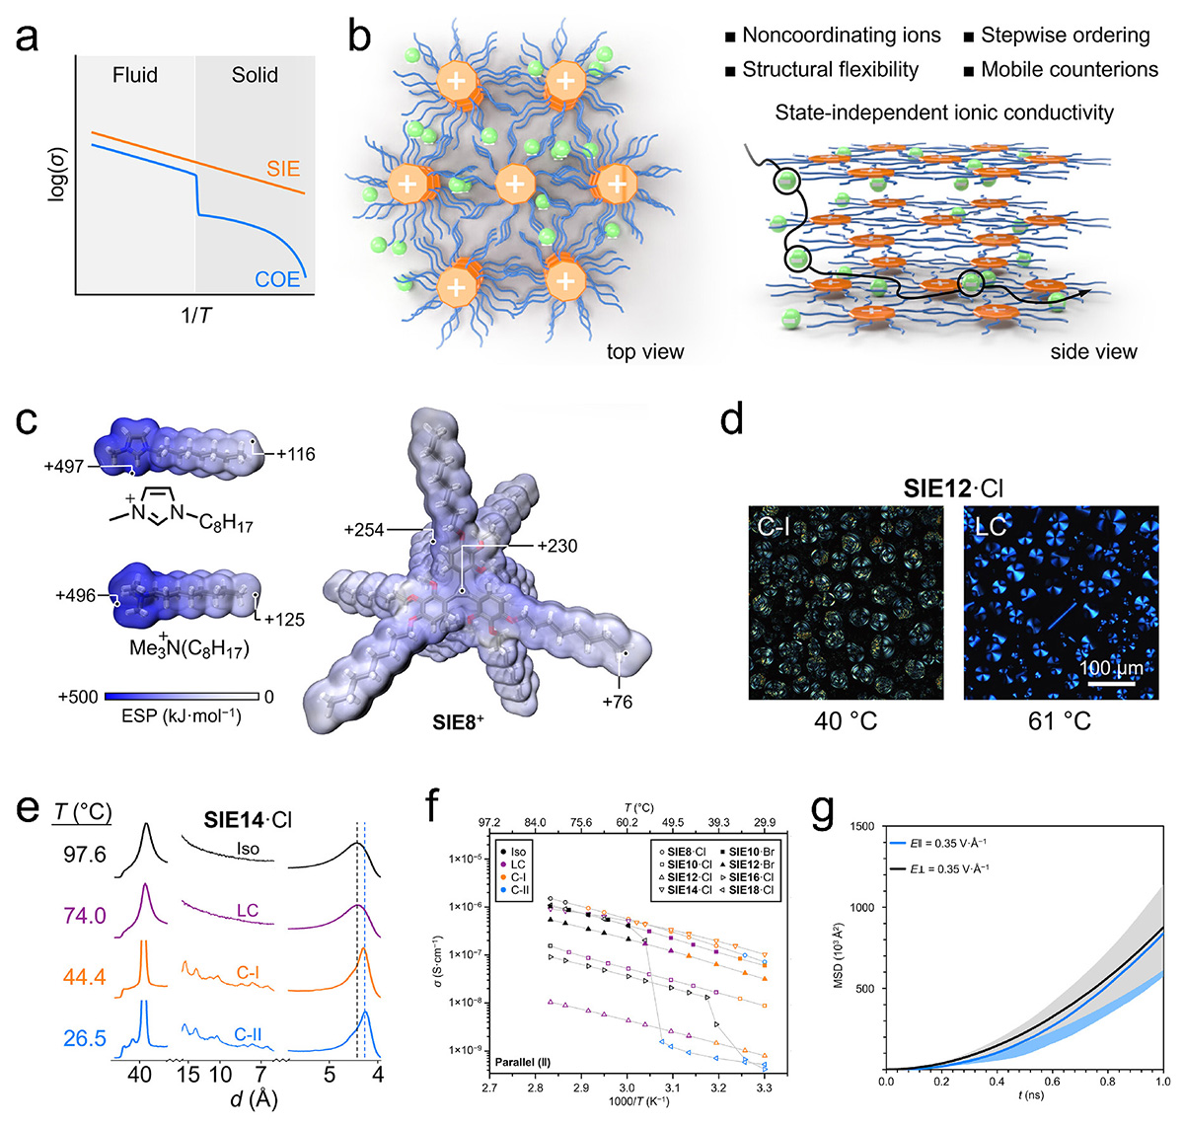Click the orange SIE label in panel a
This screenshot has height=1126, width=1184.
[x=283, y=169]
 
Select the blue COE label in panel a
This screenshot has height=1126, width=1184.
[x=277, y=279]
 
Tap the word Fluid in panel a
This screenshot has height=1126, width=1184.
[x=134, y=75]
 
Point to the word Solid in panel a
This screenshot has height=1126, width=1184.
[x=255, y=75]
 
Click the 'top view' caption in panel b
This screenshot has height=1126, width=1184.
[x=645, y=351]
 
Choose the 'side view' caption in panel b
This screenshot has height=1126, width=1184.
[x=1093, y=351]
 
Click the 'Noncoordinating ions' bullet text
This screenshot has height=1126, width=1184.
[x=842, y=36]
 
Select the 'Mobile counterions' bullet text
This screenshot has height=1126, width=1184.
[x=1070, y=69]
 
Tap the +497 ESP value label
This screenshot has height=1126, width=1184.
[x=65, y=466]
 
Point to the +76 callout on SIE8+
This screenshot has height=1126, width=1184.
[x=617, y=702]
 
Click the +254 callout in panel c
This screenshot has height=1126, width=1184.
[x=365, y=530]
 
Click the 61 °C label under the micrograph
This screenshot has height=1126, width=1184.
[x=1060, y=720]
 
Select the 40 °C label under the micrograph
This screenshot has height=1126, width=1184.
[x=845, y=720]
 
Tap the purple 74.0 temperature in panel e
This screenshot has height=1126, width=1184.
[x=85, y=915]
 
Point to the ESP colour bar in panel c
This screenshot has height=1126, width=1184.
[x=182, y=696]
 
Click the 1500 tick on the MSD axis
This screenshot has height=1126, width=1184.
[x=859, y=826]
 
